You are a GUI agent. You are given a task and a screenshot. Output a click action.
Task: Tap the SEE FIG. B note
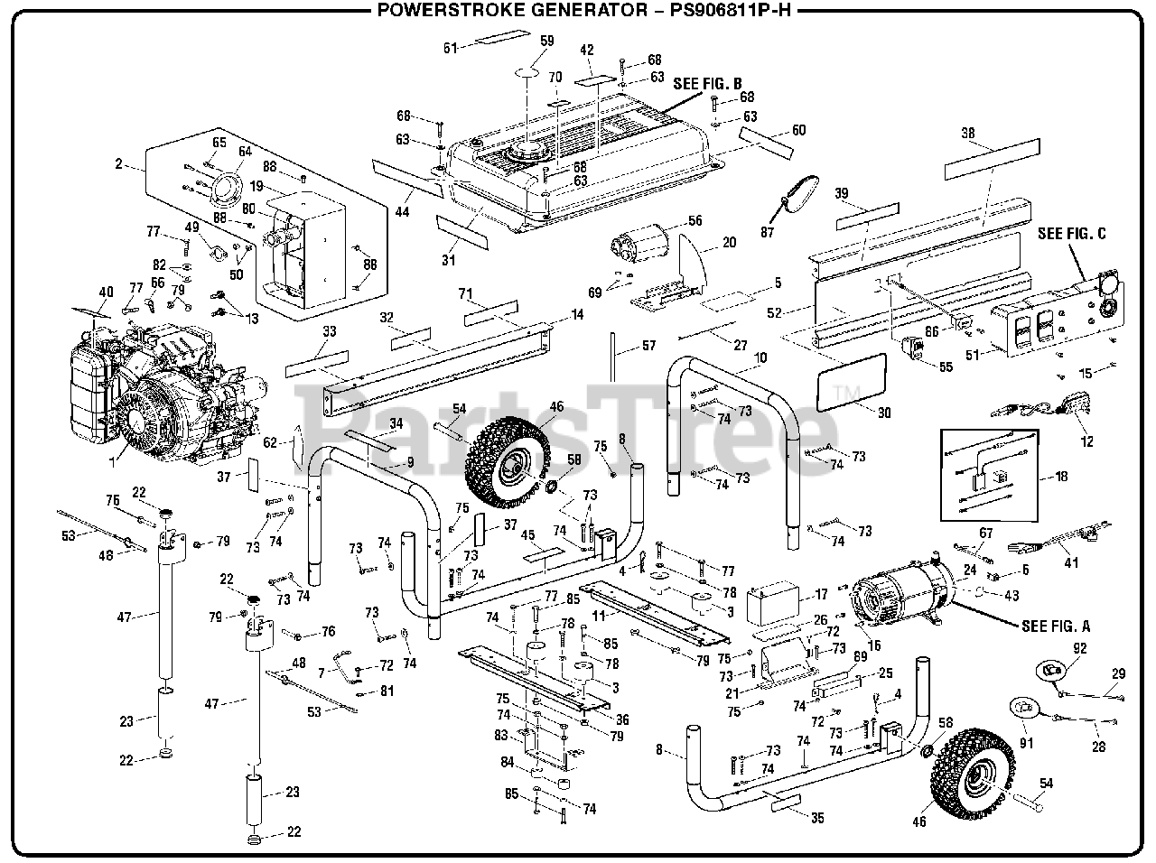point(706,83)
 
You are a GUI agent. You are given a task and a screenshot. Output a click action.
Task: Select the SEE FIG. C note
point(1071,234)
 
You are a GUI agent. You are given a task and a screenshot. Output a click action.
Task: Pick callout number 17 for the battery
point(821,596)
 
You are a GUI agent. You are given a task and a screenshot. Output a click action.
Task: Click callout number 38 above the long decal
point(968,134)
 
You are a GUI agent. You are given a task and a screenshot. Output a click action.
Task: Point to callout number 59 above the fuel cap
point(547,41)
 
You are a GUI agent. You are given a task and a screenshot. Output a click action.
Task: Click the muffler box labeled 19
point(307,248)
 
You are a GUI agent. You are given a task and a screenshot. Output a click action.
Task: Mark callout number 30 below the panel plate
point(884,413)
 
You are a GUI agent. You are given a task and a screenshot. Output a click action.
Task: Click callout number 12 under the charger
point(1087,441)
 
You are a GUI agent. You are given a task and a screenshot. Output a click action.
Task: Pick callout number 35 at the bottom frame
point(817,819)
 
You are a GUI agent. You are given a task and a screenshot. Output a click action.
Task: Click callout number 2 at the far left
point(118,163)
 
